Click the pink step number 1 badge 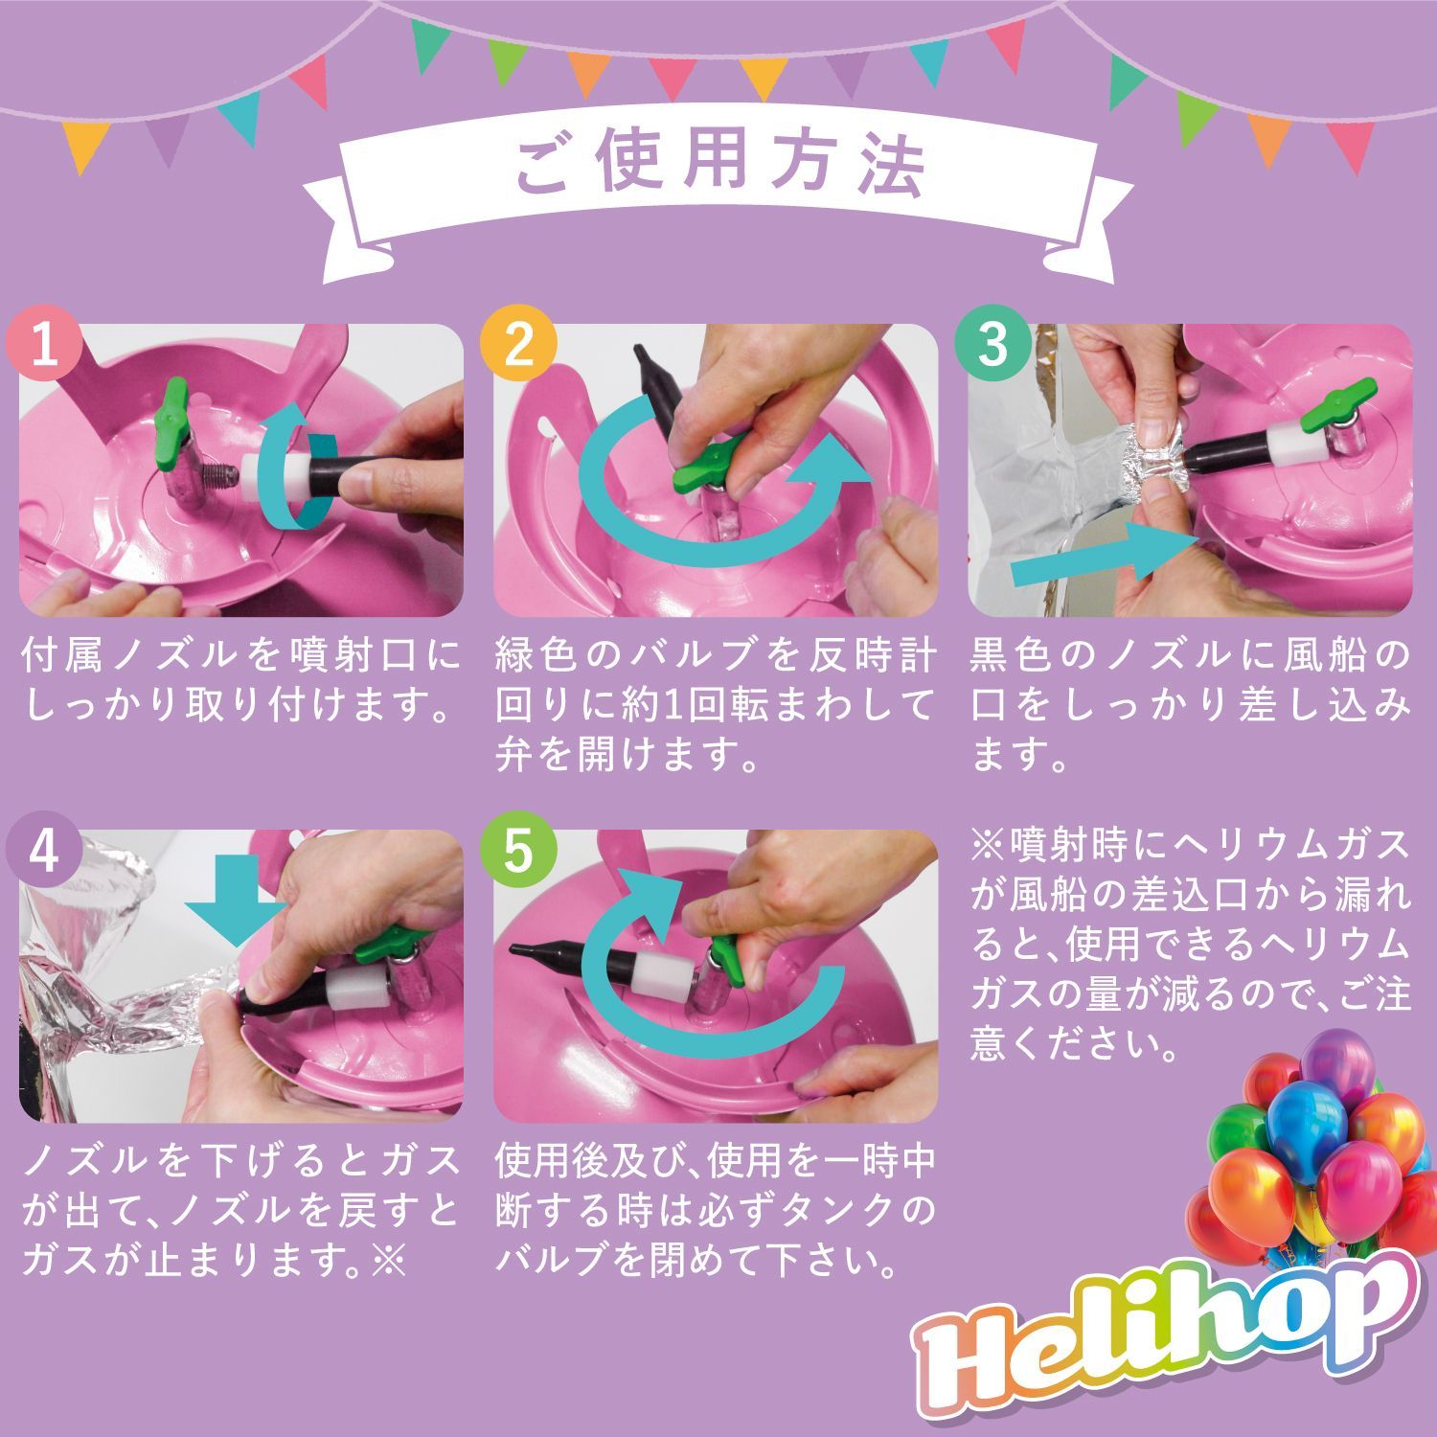(44, 343)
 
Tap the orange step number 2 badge (518, 343)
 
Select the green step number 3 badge (993, 343)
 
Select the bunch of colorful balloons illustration (1312, 1150)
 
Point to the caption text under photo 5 (715, 1211)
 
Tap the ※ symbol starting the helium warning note (988, 845)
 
